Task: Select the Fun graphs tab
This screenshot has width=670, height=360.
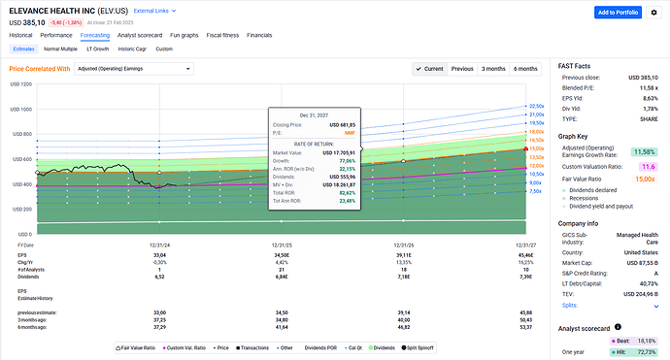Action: click(x=190, y=34)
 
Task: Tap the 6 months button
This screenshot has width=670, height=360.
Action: click(x=525, y=69)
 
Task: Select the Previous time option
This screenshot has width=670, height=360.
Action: click(x=462, y=69)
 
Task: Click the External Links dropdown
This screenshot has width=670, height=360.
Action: click(x=153, y=10)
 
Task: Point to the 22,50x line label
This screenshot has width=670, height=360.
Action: click(x=534, y=106)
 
